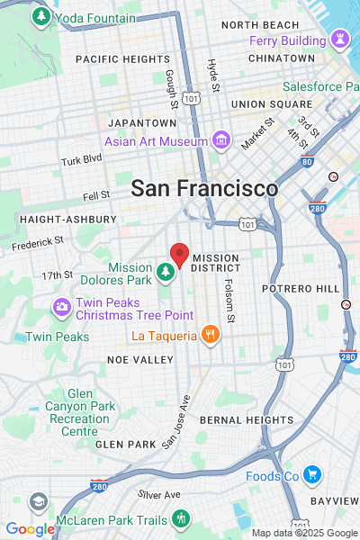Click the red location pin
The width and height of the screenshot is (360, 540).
[180, 255]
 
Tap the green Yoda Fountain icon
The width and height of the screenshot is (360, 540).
[40, 16]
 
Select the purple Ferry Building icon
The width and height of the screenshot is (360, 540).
[339, 40]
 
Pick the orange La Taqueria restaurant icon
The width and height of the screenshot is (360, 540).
[210, 336]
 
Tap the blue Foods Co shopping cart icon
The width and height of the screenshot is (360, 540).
[311, 475]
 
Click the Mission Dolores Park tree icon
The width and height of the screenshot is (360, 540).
[165, 271]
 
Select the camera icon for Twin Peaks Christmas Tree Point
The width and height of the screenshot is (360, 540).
[62, 307]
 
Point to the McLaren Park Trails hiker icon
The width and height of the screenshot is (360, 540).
[181, 518]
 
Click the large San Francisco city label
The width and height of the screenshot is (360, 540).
[204, 188]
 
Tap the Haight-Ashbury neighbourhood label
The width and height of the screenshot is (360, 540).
[67, 219]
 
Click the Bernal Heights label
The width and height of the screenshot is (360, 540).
[246, 419]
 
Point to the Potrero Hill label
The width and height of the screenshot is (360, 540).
[301, 288]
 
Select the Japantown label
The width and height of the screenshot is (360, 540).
[142, 122]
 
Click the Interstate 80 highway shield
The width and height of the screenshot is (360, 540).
[307, 163]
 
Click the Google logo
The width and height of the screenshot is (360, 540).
[30, 530]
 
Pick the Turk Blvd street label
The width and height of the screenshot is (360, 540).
[83, 161]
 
